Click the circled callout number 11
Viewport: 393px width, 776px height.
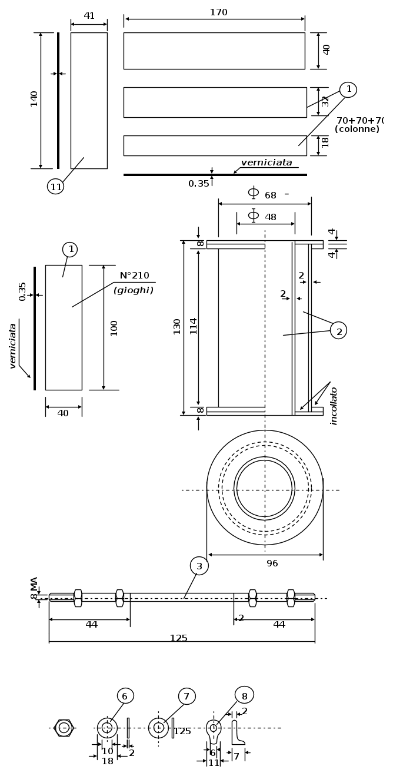click(x=55, y=187)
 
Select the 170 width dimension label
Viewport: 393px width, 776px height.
click(x=218, y=12)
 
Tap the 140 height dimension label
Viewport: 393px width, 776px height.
click(x=34, y=99)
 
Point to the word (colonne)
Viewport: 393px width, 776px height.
click(x=357, y=129)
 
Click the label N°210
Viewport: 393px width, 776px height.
click(x=134, y=276)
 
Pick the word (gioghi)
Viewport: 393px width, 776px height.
click(x=134, y=291)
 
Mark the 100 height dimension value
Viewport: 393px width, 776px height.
click(x=114, y=328)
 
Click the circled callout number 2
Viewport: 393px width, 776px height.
click(x=338, y=330)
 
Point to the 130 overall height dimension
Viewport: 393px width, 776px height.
click(x=177, y=327)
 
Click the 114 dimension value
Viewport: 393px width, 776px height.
click(x=194, y=326)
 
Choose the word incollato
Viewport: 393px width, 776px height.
click(x=334, y=406)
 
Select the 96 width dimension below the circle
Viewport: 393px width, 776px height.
click(x=272, y=563)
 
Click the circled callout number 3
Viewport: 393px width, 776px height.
click(x=199, y=566)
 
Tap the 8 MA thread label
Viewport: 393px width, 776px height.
click(x=34, y=588)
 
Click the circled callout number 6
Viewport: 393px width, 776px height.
click(x=125, y=695)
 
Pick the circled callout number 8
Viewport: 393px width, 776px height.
click(x=245, y=695)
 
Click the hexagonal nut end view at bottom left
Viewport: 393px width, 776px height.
click(x=64, y=728)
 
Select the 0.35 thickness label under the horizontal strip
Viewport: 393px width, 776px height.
click(x=199, y=184)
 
